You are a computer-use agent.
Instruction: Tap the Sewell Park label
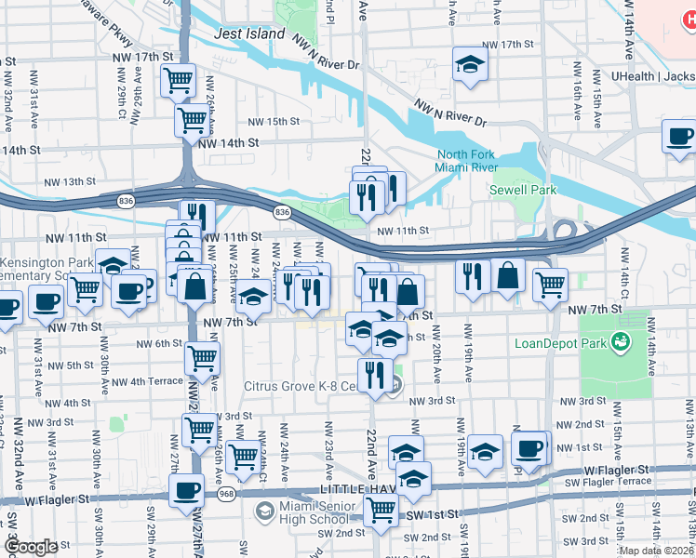(x=523, y=190)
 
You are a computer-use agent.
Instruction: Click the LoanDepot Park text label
(x=560, y=343)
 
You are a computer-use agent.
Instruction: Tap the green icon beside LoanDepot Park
(x=619, y=344)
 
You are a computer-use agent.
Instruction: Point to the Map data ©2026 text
(x=657, y=551)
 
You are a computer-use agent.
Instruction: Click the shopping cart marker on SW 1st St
(x=381, y=509)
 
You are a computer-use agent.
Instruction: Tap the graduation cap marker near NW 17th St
(x=471, y=64)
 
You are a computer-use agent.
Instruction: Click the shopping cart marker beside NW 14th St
(x=193, y=119)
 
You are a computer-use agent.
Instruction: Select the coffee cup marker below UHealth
(x=679, y=137)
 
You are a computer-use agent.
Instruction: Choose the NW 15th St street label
(x=274, y=122)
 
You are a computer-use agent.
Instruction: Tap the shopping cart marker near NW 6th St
(x=202, y=356)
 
